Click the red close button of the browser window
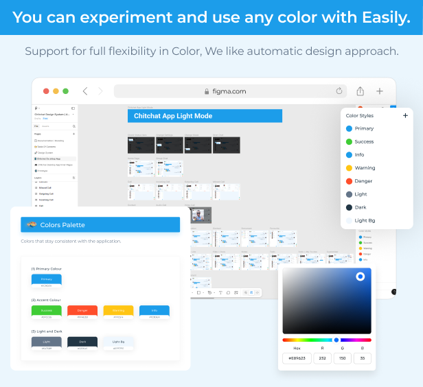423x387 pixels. [x=47, y=91]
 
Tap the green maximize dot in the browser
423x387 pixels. [x=66, y=91]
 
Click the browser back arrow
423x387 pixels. [x=85, y=91]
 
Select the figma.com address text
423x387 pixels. [x=229, y=91]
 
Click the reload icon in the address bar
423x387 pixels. [x=339, y=91]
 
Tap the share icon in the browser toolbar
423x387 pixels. [x=361, y=91]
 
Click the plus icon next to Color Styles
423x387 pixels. [x=405, y=115]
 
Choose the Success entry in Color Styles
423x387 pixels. [x=364, y=141]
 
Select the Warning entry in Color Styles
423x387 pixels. [x=365, y=167]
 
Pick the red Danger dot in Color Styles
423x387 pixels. [x=350, y=181]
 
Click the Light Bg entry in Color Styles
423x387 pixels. [x=365, y=220]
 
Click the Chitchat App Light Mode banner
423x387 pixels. [x=205, y=116]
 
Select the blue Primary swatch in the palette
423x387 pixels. [x=47, y=279]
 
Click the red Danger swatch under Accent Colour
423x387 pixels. [x=82, y=310]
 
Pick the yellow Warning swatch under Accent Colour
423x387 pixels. [x=118, y=310]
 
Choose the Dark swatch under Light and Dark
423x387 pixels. [x=82, y=341]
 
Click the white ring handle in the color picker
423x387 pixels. [x=361, y=277]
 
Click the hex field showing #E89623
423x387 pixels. [x=297, y=357]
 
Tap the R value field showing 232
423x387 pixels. [x=322, y=357]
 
